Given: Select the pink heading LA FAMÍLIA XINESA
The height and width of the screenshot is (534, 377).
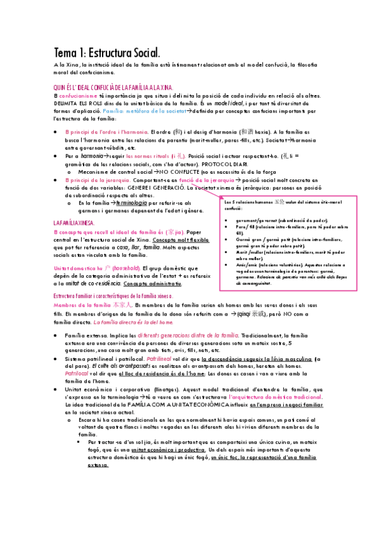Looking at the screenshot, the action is tap(74, 224).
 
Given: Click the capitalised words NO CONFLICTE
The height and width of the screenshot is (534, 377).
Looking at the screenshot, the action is tap(181, 171).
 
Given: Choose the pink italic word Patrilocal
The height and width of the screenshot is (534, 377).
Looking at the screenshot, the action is tap(80, 374).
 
